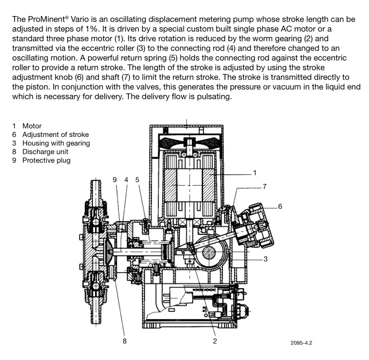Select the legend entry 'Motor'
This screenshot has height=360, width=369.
click(32, 126)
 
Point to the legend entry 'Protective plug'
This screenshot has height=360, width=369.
click(46, 160)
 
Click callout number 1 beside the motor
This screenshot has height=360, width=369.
click(255, 173)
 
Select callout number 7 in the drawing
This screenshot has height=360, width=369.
click(264, 186)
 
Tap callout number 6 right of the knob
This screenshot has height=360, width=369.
click(280, 206)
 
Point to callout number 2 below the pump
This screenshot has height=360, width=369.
click(214, 341)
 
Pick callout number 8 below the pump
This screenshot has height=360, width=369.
click(124, 341)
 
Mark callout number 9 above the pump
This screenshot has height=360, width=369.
click(115, 180)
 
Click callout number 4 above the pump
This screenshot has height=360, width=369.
click(126, 180)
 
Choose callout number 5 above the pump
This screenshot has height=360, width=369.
click(138, 180)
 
